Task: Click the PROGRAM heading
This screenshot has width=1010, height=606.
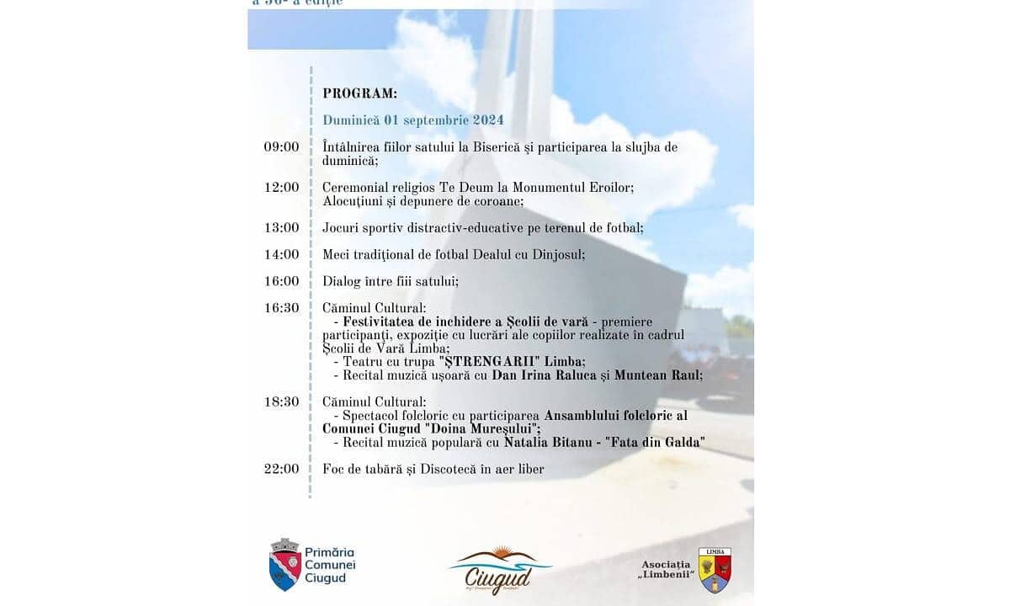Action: [x=359, y=93]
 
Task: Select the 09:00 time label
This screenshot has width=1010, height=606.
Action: [x=281, y=146]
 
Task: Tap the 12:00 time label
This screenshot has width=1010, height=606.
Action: [x=281, y=187]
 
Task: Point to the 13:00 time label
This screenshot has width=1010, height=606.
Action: [x=281, y=227]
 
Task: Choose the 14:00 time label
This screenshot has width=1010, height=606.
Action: [x=281, y=254]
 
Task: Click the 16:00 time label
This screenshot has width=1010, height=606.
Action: [x=281, y=281]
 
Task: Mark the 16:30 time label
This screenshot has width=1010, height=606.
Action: [x=281, y=308]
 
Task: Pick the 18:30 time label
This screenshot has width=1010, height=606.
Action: [x=281, y=402]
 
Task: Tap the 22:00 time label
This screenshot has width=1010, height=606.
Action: [x=281, y=469]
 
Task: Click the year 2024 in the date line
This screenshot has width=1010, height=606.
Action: [x=487, y=120]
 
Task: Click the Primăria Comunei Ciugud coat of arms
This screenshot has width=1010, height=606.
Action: [x=285, y=564]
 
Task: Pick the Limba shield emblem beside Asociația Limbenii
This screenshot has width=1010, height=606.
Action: [x=715, y=570]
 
